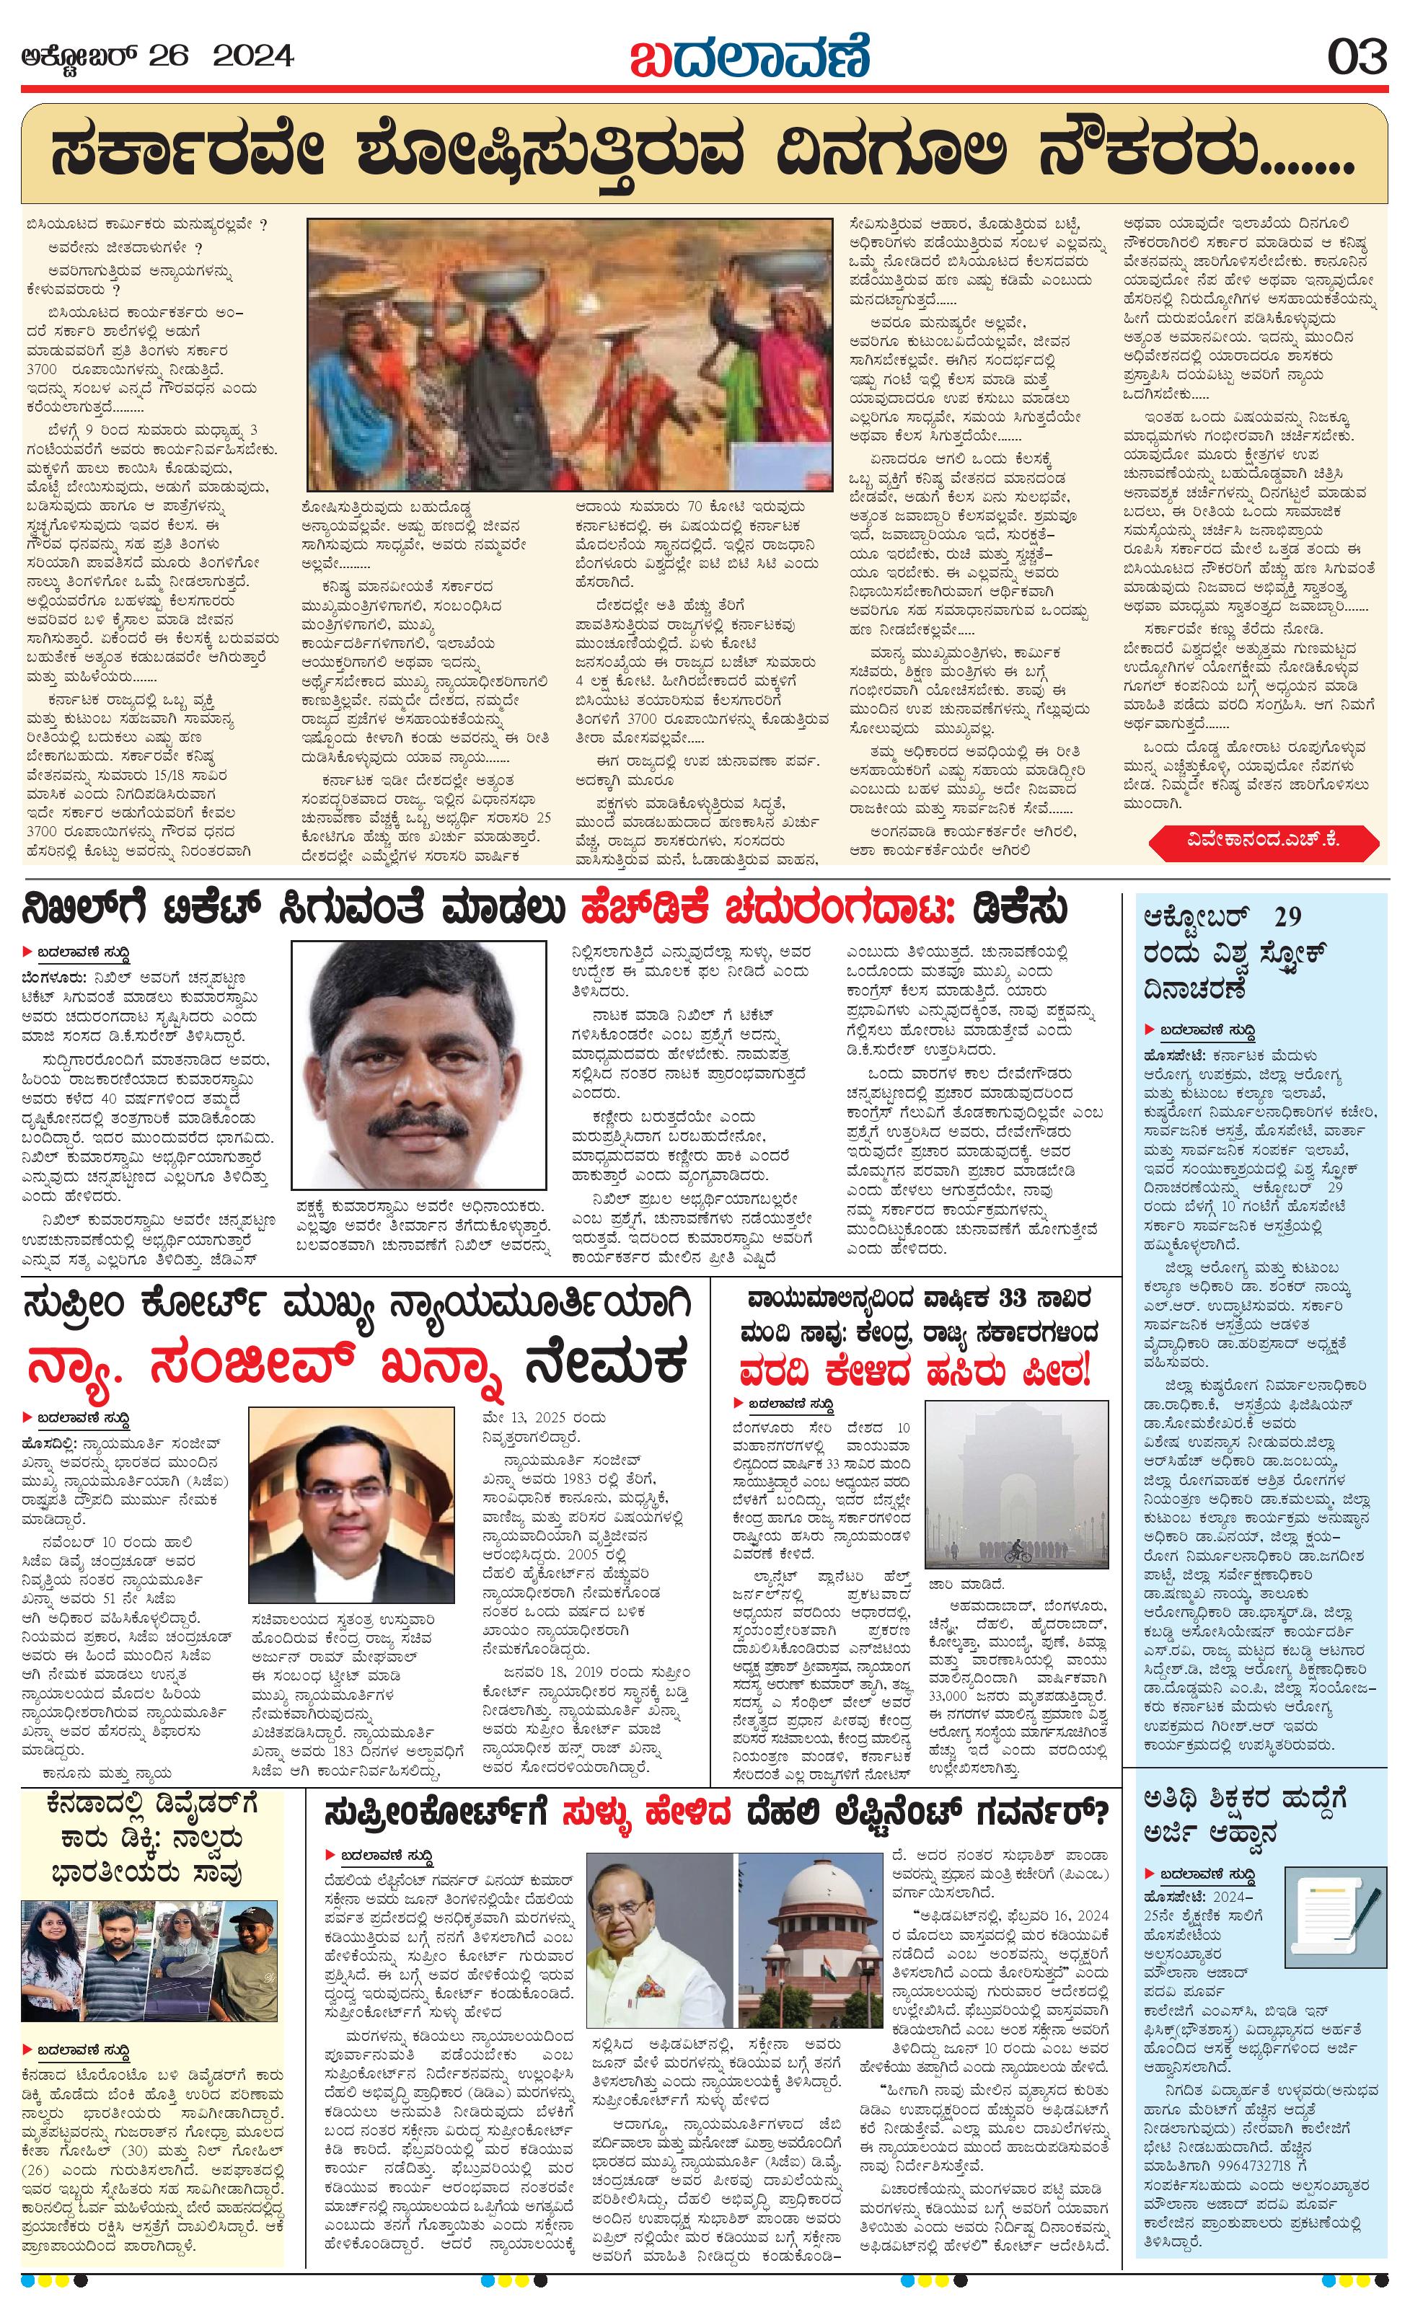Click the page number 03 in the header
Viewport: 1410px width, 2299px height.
(1358, 57)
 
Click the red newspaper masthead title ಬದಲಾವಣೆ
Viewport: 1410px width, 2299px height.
(749, 56)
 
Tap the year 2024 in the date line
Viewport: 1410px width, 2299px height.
(254, 57)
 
